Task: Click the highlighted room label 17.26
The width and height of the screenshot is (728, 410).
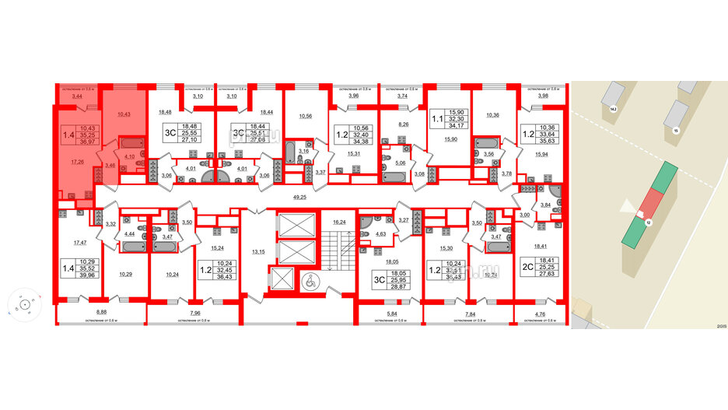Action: tap(76, 163)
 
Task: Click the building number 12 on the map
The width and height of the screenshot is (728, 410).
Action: tap(647, 222)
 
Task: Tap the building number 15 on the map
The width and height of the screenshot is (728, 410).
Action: tap(676, 131)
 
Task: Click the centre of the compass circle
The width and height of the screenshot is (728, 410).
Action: tap(24, 305)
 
